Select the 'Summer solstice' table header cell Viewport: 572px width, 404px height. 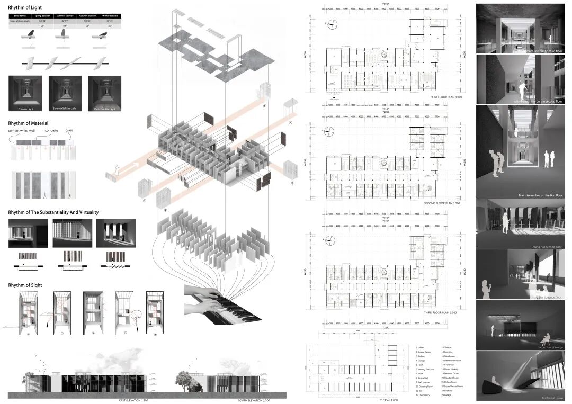[x=65, y=16]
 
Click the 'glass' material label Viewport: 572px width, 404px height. [x=69, y=130]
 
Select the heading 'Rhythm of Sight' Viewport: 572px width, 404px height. [x=25, y=285]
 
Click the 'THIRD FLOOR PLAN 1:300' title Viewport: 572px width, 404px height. [x=440, y=313]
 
